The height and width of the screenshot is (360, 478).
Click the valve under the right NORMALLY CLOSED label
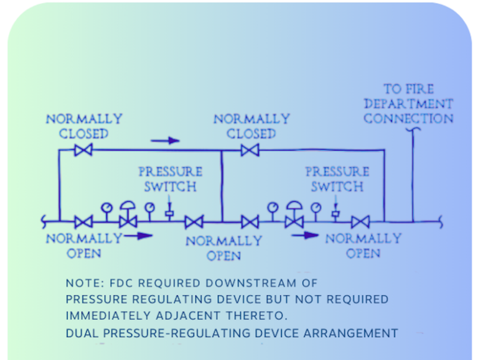tap(250, 150)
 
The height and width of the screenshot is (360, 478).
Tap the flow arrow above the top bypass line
tap(165, 141)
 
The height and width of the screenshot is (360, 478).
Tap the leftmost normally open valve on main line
tap(83, 221)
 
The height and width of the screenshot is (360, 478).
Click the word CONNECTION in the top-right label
tap(409, 119)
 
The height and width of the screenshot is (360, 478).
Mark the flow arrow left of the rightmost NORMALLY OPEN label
tap(305, 236)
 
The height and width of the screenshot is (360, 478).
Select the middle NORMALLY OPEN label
tap(223, 248)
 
